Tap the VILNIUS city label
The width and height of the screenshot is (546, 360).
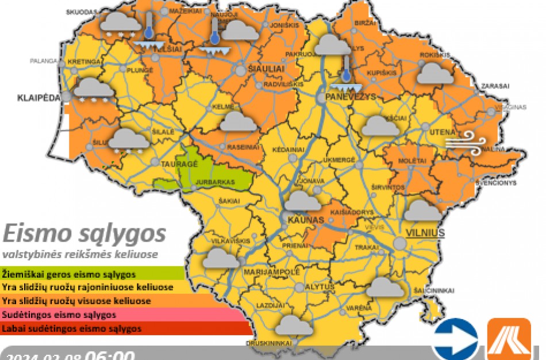425,232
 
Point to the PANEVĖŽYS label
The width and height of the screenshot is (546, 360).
350,97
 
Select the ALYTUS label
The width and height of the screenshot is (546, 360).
320,286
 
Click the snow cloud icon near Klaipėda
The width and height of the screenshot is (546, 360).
93,90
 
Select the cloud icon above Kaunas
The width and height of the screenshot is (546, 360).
303,201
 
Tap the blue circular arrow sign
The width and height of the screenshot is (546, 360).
455,338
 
